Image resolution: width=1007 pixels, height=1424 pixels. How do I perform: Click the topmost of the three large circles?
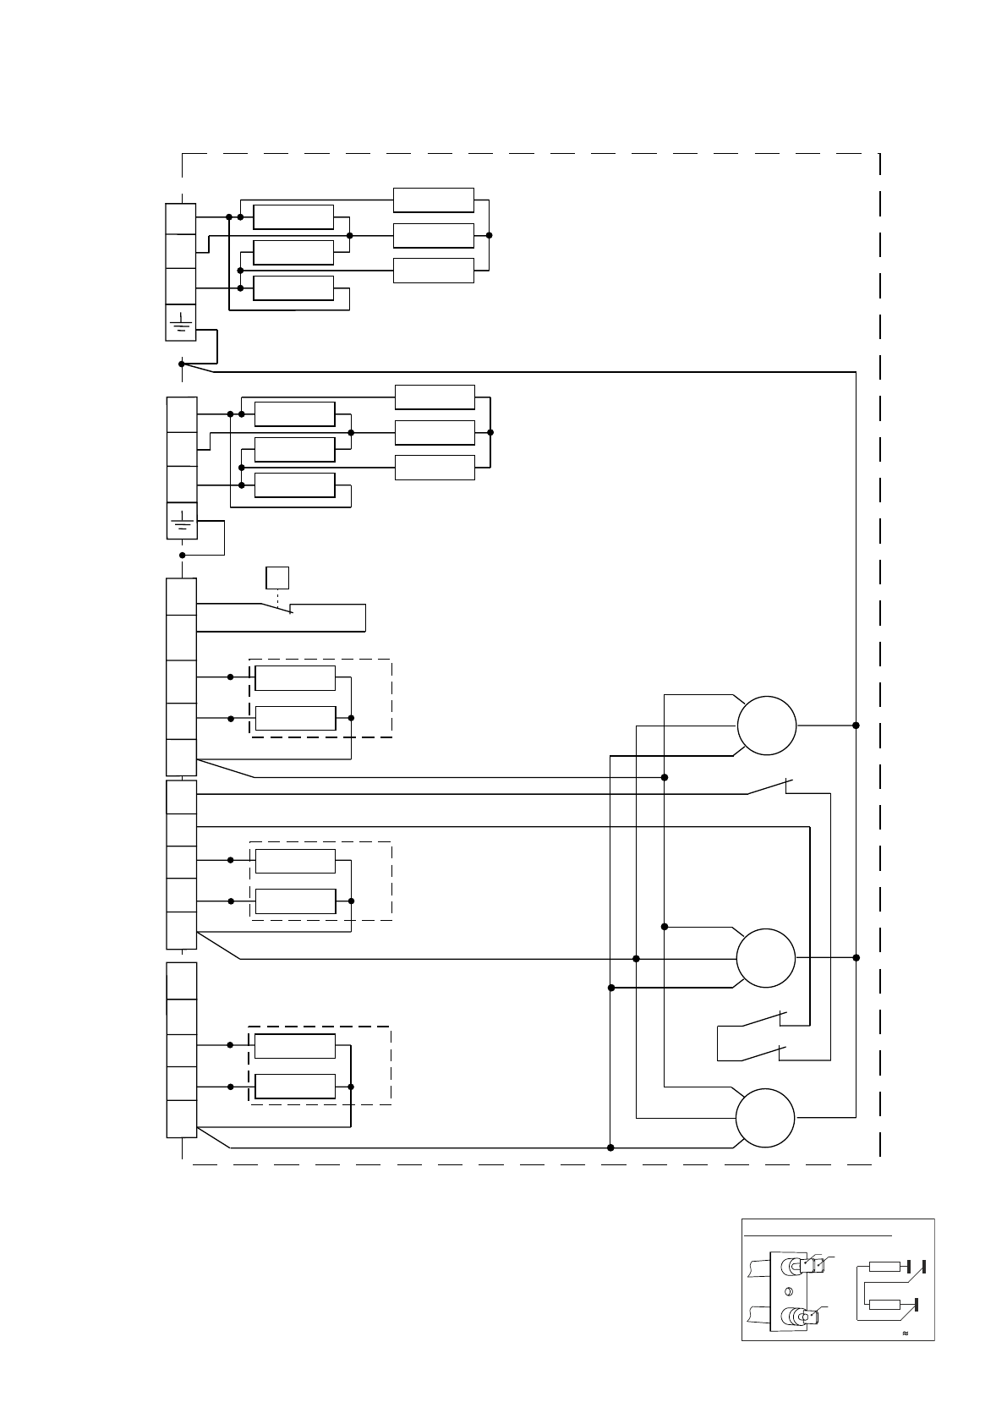[x=767, y=726]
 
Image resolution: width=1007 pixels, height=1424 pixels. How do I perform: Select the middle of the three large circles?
[x=766, y=958]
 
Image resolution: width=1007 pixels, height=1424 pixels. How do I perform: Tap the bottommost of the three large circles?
[x=765, y=1118]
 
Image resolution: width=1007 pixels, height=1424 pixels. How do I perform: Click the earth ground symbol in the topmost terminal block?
[x=181, y=322]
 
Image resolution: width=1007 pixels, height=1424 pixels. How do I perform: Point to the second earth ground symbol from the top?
[x=182, y=520]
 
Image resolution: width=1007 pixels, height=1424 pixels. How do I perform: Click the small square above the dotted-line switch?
[x=277, y=578]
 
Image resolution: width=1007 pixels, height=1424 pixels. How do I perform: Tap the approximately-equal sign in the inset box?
[x=906, y=1333]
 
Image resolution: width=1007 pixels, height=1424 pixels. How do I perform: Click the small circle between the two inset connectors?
[x=788, y=1291]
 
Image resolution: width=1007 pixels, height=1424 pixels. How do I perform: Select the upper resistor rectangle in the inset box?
[x=885, y=1266]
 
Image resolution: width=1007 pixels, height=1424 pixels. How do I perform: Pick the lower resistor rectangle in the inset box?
[x=884, y=1305]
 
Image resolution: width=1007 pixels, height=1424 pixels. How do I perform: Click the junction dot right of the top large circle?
[x=856, y=726]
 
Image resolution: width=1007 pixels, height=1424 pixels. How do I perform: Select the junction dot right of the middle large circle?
[x=856, y=957]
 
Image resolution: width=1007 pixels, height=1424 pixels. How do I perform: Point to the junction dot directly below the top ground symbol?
[x=182, y=364]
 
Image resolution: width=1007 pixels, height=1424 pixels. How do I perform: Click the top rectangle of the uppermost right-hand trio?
[x=434, y=200]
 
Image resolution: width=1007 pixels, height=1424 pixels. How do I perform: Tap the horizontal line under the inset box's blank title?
[x=818, y=1235]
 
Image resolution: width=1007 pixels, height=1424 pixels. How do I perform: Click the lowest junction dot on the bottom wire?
[x=610, y=1147]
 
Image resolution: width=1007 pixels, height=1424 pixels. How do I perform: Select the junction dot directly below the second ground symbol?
[x=182, y=556]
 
